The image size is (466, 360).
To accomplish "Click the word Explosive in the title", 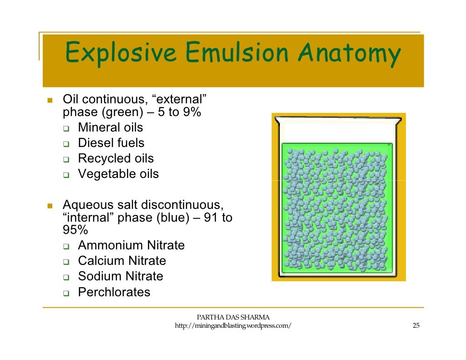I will click(x=121, y=54).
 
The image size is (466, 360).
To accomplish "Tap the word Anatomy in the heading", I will click(x=349, y=54).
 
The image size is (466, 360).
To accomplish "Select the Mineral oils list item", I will click(x=110, y=127).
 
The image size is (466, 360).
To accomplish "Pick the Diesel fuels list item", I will click(x=111, y=143).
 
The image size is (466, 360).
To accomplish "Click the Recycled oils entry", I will click(x=116, y=158).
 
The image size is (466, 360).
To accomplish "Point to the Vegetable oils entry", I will click(x=118, y=174).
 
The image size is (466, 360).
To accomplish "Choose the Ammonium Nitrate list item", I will click(x=131, y=245).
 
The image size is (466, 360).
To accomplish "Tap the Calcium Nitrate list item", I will click(x=122, y=261).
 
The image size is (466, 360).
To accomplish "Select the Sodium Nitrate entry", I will click(x=120, y=276).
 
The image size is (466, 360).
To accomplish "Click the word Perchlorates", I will click(x=114, y=292).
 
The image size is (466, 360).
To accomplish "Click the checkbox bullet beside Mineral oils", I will click(x=66, y=128).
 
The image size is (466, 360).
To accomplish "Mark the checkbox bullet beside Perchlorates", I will click(x=66, y=293).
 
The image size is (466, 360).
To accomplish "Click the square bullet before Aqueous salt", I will click(x=50, y=206).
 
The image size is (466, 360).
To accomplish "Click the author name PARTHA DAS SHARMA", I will click(x=233, y=317).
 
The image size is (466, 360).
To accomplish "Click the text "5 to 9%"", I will click(x=179, y=112).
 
